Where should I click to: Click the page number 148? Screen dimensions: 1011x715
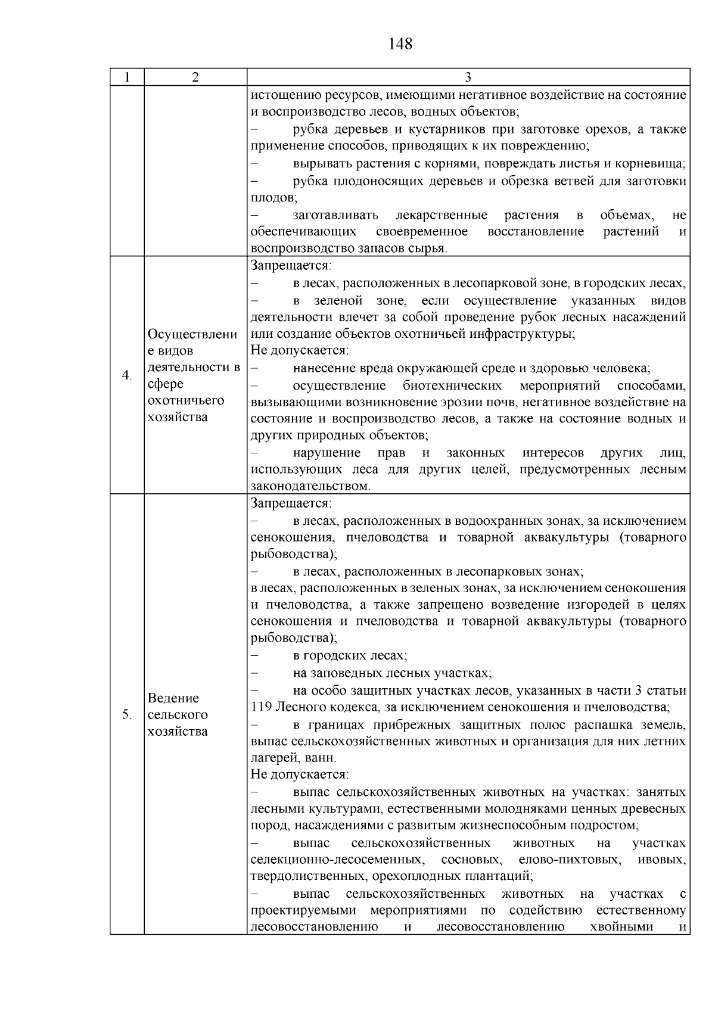[400, 43]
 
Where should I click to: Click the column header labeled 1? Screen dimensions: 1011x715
[126, 77]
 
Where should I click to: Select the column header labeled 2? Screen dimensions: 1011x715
[195, 77]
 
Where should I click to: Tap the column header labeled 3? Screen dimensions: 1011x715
[468, 77]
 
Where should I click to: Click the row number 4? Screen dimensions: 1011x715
[126, 375]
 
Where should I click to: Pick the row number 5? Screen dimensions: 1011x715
[126, 714]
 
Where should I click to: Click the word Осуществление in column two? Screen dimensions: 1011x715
[192, 334]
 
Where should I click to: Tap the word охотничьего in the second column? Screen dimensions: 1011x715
[178, 400]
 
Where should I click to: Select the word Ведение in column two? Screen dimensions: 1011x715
[173, 698]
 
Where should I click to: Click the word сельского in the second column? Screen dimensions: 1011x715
[178, 714]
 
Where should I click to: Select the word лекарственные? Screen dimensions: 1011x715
[441, 215]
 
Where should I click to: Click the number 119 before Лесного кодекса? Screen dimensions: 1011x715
[261, 707]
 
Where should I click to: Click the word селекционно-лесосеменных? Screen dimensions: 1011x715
[338, 860]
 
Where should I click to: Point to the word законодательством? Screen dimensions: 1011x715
[310, 487]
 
